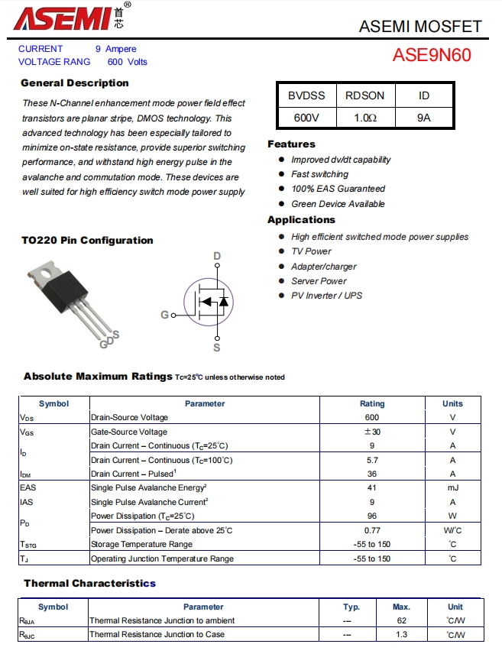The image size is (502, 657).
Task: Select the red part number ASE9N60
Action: (x=432, y=55)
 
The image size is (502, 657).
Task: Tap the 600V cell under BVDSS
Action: (x=306, y=118)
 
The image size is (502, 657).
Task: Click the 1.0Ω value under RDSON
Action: (x=364, y=118)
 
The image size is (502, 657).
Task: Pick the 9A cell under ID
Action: (x=424, y=118)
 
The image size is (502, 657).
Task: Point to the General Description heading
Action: (x=75, y=83)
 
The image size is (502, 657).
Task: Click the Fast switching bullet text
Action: (x=319, y=174)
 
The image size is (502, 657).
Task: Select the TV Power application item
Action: (x=311, y=251)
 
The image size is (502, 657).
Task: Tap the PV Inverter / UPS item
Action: (x=326, y=296)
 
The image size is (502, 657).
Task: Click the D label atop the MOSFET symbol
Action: (x=217, y=256)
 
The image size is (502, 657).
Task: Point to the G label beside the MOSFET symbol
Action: (x=164, y=315)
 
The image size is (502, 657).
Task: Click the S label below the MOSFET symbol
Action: (x=217, y=348)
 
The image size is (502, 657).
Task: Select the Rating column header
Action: (x=372, y=403)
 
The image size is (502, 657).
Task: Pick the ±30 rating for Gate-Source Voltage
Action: (x=372, y=432)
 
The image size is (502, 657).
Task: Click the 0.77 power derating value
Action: (x=372, y=530)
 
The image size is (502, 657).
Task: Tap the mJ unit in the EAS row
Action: (x=452, y=488)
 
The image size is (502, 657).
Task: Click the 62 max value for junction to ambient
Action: (x=401, y=620)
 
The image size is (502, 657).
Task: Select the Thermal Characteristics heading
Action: (x=89, y=584)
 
